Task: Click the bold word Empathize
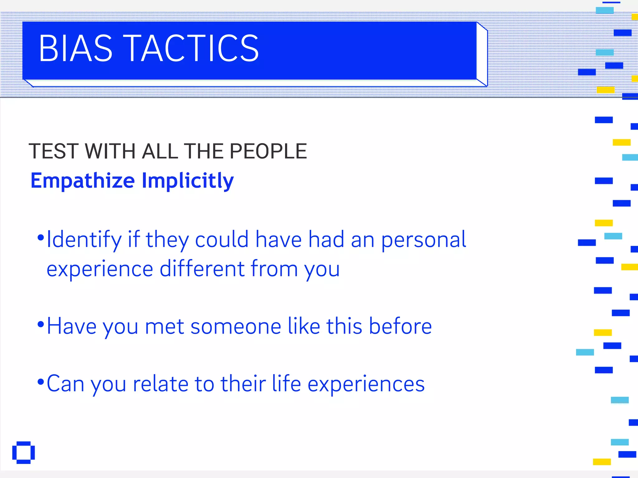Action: point(83,181)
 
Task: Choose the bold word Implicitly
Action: point(188,181)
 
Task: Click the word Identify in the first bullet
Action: point(84,240)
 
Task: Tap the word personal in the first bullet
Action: point(424,240)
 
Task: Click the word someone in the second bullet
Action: point(236,326)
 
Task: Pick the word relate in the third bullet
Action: point(160,384)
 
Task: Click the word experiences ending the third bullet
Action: point(366,384)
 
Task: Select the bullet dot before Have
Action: point(40,325)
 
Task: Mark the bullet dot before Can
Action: point(40,382)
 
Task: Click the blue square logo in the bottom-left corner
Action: point(23,452)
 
